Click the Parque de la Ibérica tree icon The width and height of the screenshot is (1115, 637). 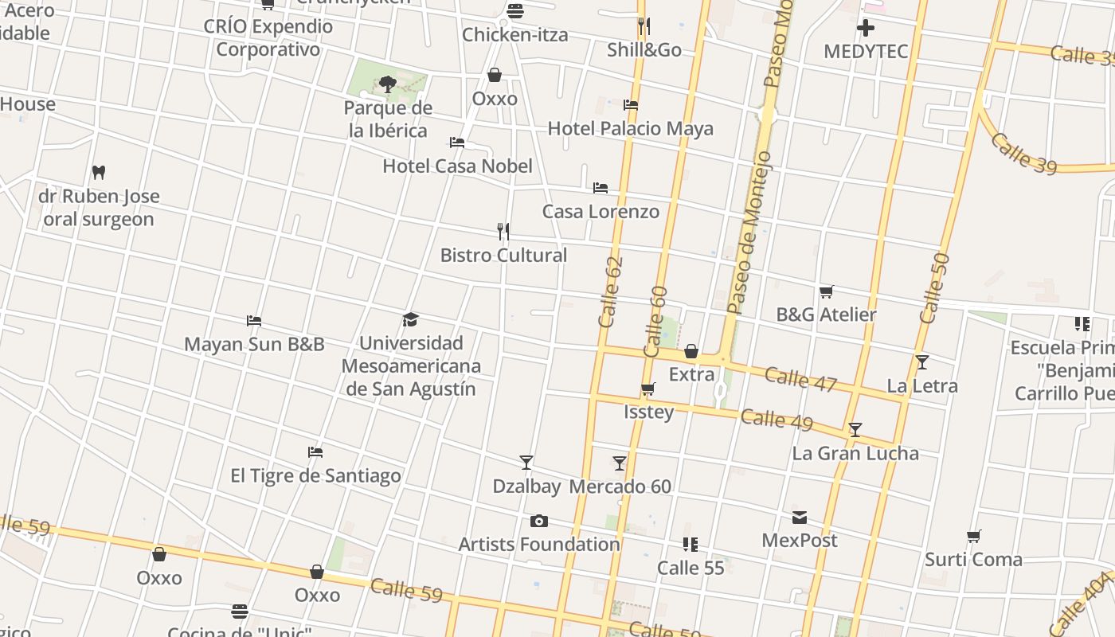(388, 84)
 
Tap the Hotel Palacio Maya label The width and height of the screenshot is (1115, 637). (630, 129)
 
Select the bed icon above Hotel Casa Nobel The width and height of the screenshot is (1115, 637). (457, 143)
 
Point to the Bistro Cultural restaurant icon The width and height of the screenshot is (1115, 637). (503, 232)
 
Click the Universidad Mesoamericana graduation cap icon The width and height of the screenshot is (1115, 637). (410, 319)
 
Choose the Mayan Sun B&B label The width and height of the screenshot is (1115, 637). (254, 345)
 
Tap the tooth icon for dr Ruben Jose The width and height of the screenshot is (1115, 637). (99, 172)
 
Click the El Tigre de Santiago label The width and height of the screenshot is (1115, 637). (315, 476)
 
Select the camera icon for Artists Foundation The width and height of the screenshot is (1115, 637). (539, 522)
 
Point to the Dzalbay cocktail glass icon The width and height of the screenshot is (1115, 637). (526, 463)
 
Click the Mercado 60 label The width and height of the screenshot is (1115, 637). (620, 487)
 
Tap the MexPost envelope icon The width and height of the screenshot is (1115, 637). (799, 518)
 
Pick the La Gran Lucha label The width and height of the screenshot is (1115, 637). (855, 454)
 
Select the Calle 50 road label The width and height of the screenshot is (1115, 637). (934, 288)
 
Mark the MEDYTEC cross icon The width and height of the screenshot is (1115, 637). (865, 29)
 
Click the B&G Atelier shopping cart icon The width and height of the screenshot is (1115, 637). (826, 292)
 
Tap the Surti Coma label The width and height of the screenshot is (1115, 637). (973, 560)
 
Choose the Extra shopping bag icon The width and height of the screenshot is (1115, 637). (691, 351)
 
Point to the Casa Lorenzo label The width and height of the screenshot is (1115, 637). (601, 212)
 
